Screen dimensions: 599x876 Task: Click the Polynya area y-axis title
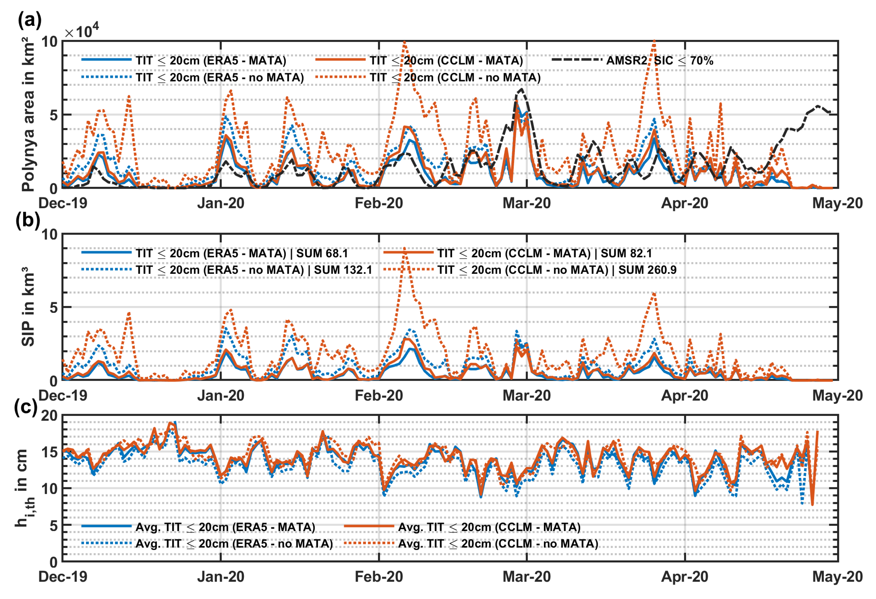pos(28,117)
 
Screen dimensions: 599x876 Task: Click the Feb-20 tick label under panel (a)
pos(379,203)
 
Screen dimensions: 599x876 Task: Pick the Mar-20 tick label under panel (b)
pos(527,396)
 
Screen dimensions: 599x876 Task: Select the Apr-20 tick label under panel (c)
pos(685,577)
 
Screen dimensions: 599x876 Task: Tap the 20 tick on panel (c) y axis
pos(49,416)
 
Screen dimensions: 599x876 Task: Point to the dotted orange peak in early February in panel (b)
pos(404,249)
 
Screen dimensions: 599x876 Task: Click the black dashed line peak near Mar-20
pos(521,90)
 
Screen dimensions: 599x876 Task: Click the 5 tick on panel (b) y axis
pos(53,307)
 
